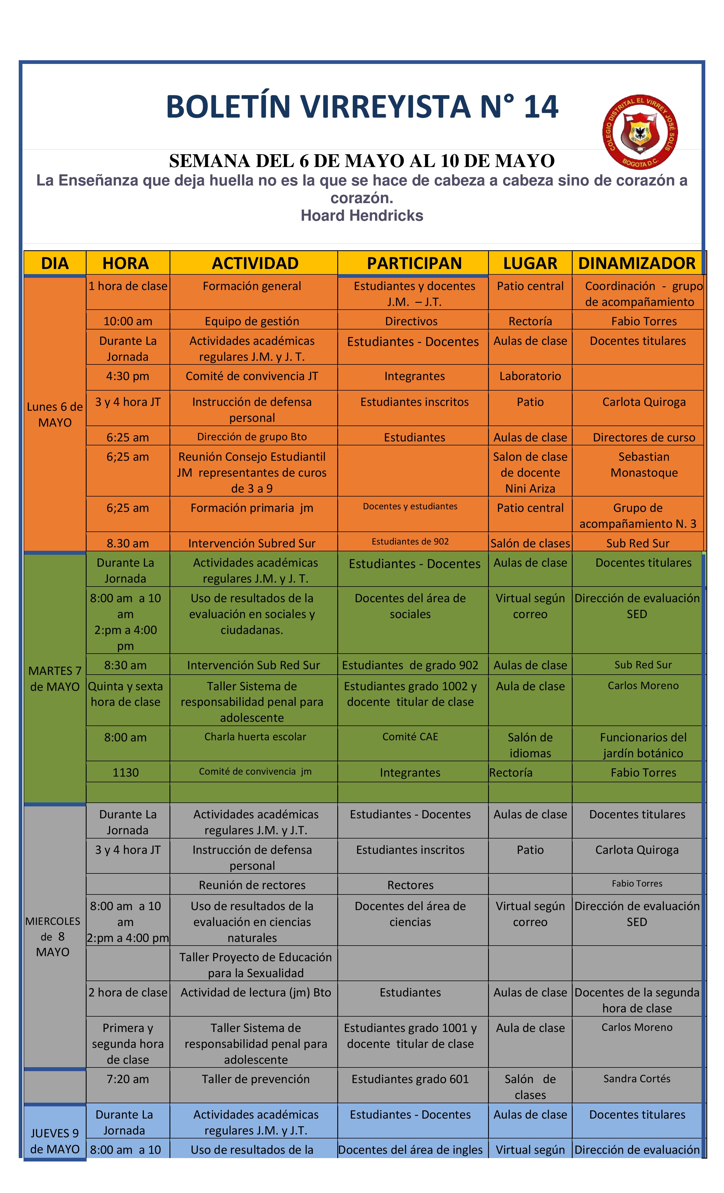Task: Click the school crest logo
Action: point(639,132)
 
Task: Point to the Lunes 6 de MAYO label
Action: point(55,414)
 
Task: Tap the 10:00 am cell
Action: point(128,321)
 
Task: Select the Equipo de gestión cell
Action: point(252,321)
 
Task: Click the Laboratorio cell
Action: point(530,376)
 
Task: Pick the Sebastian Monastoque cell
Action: point(644,464)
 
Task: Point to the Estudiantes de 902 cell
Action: point(410,541)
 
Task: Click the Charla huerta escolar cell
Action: point(255,737)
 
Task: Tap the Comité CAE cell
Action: point(410,737)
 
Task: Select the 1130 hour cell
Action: point(125,772)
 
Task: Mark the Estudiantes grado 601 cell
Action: point(410,1079)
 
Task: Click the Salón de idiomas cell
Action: point(530,745)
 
